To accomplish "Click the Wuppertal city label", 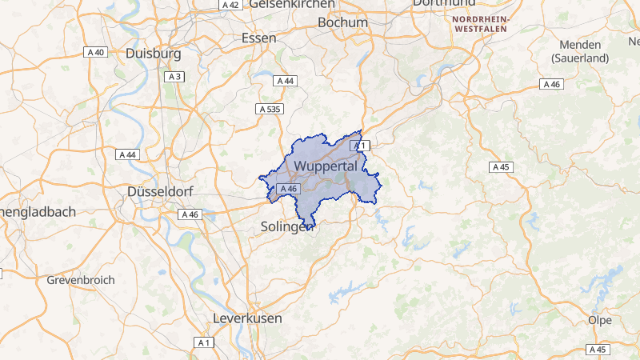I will pos(325,166).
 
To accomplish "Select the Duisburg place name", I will pos(154,54).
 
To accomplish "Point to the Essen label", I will pos(259,38).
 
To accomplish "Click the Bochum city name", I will pos(342,22).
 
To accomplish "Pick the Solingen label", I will pos(285,227).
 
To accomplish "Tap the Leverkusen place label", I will pos(247,318).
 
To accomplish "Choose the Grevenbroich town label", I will pos(81,280).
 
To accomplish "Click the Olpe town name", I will pos(600,319).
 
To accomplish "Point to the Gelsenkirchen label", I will pos(291,4).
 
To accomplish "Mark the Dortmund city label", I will pos(445,3).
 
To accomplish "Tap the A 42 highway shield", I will pos(230,5).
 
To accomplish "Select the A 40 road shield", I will pos(96,52).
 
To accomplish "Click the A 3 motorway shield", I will pos(175,77).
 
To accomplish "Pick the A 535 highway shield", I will pos(270,108).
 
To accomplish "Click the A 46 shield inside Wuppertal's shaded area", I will pos(288,189).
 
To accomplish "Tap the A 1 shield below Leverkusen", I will pos(205,342).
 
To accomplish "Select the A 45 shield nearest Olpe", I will pos(597,350).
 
